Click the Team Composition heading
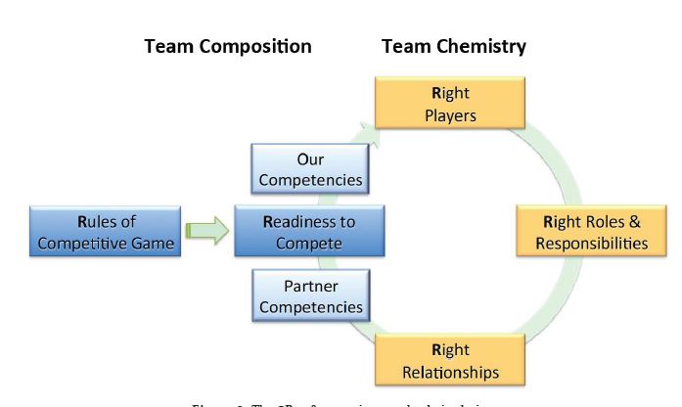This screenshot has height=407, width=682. (228, 46)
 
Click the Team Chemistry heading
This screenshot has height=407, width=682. (453, 46)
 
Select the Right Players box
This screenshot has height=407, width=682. (450, 105)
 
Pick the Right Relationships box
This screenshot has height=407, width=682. (450, 360)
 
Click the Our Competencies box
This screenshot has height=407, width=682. (309, 169)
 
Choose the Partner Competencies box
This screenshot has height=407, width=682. (310, 296)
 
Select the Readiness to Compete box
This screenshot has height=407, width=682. (309, 232)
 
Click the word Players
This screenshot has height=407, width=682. (450, 115)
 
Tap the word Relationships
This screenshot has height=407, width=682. (450, 372)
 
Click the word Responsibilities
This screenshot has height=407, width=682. (591, 244)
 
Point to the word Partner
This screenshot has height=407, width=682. (311, 287)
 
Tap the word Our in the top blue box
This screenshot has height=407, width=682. (310, 158)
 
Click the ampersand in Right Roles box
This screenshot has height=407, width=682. (634, 221)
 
